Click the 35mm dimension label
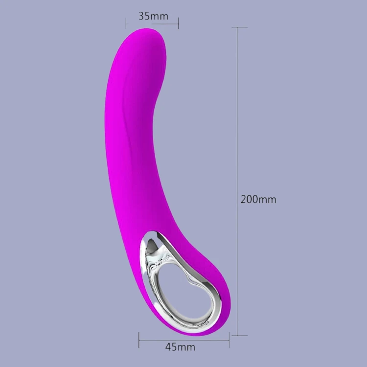(x=153, y=16)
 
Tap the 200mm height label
(x=258, y=200)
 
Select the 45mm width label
(x=180, y=347)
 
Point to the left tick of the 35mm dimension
(x=126, y=23)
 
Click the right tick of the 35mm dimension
(x=178, y=23)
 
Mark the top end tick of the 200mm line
(x=239, y=27)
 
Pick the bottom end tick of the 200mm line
(x=239, y=335)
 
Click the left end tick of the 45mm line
(x=139, y=340)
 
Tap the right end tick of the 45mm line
(x=229, y=340)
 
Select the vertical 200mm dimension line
(x=237, y=182)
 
